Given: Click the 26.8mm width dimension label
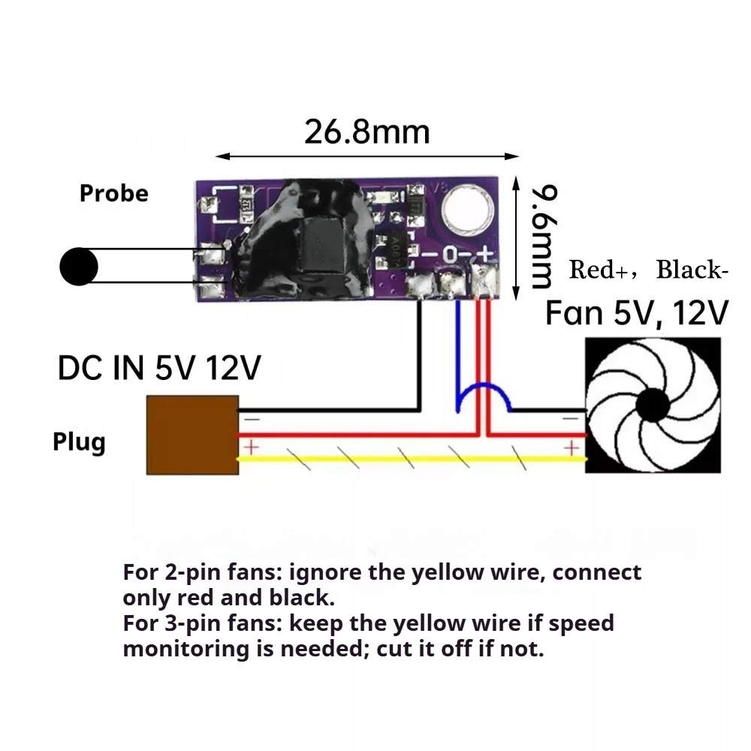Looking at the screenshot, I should click(366, 132).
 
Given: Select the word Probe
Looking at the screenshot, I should click(114, 194).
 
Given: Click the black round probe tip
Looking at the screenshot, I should click(79, 267).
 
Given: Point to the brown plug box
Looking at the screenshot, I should click(192, 435).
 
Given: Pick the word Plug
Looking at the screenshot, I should click(79, 442).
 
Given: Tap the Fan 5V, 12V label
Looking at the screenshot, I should click(637, 312).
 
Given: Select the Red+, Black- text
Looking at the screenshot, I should click(648, 270).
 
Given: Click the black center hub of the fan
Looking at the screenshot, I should click(652, 406).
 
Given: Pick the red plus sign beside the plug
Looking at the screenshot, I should click(250, 448).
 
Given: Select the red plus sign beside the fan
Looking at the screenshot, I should click(573, 448).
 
